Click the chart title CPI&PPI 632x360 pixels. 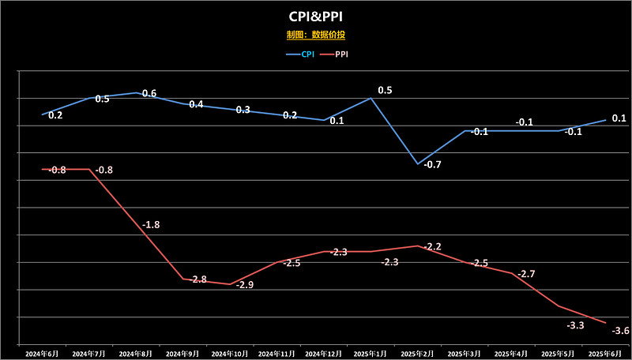click(x=316, y=16)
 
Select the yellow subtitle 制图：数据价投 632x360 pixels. click(x=316, y=35)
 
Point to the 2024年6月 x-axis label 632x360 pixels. click(x=41, y=353)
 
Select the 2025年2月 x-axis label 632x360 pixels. click(x=417, y=353)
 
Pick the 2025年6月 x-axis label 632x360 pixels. click(x=605, y=353)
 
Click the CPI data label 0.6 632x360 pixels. click(x=149, y=94)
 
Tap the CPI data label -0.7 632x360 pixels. click(x=432, y=164)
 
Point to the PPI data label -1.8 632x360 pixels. click(x=151, y=225)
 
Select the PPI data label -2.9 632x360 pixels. click(x=245, y=284)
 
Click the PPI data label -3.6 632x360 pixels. click(x=621, y=331)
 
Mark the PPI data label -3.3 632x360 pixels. click(x=575, y=325)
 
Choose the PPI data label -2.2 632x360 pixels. click(x=432, y=247)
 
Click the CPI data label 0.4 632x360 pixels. click(x=196, y=104)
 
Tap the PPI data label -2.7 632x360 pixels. click(x=526, y=274)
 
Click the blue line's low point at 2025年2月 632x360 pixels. click(x=417, y=163)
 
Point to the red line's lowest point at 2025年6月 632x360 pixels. click(x=605, y=322)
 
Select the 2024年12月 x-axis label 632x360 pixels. click(x=323, y=353)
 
